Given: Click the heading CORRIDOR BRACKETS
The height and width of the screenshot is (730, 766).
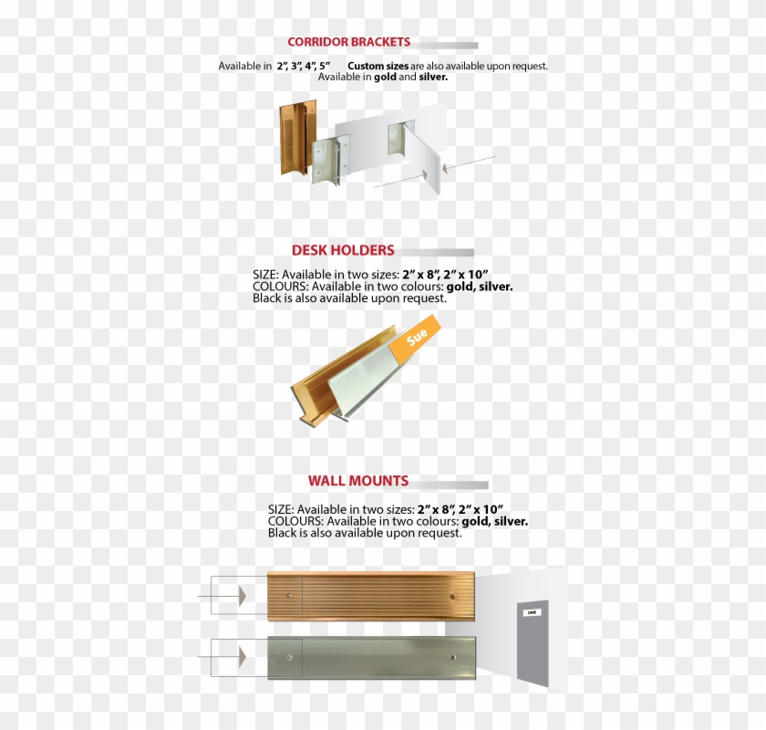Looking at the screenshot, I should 348,42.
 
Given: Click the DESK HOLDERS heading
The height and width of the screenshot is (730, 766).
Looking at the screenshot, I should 343,250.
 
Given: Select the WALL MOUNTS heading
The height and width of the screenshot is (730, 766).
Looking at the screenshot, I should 358,481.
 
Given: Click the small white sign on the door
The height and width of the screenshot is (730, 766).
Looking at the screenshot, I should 532,613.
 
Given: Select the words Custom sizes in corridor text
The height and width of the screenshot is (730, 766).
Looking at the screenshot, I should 378,67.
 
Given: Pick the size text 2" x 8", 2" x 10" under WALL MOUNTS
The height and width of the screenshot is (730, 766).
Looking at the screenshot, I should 461,508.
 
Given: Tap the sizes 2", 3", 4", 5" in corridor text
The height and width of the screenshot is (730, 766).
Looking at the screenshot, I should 304,67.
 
